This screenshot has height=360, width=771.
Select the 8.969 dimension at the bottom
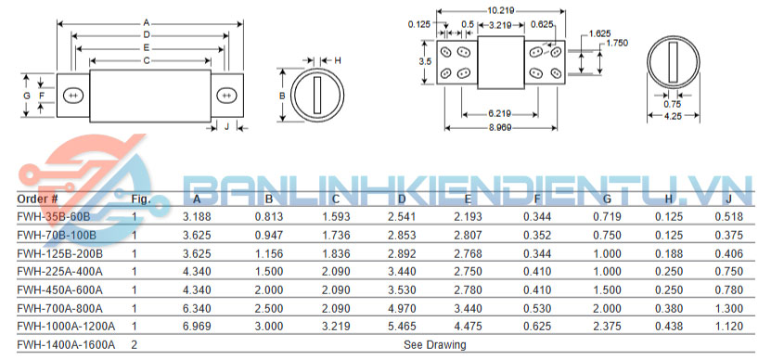[x=500, y=127]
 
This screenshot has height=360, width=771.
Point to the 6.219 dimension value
[x=499, y=114]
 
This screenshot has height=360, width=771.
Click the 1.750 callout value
[x=617, y=43]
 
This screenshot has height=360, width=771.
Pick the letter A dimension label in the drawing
[x=146, y=22]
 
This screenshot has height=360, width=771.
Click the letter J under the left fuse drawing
[x=226, y=127]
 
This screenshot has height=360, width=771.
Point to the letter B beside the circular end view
[x=282, y=96]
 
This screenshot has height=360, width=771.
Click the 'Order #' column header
[x=37, y=199]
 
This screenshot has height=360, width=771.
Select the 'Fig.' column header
[x=141, y=199]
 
